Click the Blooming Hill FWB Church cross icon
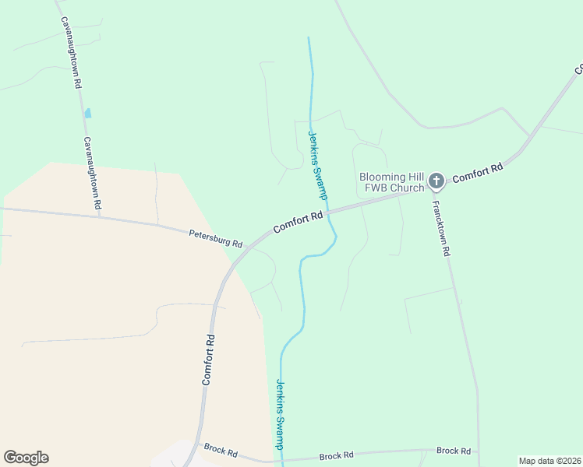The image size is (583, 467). click(x=436, y=182)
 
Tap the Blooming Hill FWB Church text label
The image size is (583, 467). click(x=391, y=182)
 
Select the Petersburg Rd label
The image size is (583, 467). click(x=216, y=238)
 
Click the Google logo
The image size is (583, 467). click(x=26, y=458)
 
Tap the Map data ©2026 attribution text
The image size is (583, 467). click(x=549, y=461)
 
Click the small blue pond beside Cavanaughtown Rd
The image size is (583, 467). click(x=87, y=113)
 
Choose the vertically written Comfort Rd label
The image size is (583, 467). click(x=208, y=360)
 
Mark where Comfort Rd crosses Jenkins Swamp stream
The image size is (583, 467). click(x=328, y=210)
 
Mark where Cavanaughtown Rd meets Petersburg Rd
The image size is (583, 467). click(x=102, y=216)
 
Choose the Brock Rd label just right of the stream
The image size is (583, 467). click(x=337, y=455)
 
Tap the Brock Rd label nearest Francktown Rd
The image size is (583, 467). click(x=453, y=451)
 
